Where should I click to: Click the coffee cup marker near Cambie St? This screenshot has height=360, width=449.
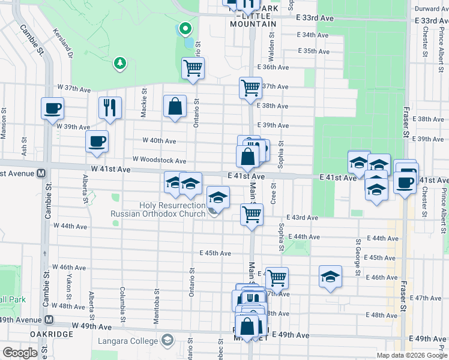52,109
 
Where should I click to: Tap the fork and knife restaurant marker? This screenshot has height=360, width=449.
110,108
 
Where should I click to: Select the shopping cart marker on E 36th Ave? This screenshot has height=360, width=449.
193,69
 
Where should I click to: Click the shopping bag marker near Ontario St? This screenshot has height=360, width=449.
174,107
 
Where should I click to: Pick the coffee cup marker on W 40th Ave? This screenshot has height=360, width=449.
97,142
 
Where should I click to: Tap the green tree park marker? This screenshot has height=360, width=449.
121,63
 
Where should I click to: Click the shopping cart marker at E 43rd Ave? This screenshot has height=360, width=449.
252,214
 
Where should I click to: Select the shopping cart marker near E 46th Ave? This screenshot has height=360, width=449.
277,278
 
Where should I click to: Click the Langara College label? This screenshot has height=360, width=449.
127,341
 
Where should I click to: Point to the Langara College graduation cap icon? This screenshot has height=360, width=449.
167,341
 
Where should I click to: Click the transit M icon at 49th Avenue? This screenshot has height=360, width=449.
49,320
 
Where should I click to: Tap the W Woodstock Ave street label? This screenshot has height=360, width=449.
160,161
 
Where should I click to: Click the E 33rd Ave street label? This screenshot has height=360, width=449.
315,19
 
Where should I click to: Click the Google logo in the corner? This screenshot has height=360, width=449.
19,353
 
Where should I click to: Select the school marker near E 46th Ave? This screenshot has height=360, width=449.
330,276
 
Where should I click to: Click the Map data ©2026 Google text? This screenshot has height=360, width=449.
411,355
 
